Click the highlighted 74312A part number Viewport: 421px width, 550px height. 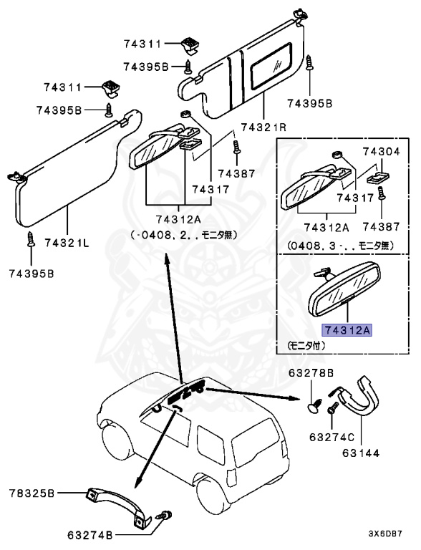pyautogui.click(x=347, y=330)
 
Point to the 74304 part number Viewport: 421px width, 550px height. pyautogui.click(x=381, y=152)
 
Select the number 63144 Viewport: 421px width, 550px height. pyautogui.click(x=359, y=453)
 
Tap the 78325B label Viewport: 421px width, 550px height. pyautogui.click(x=32, y=493)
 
